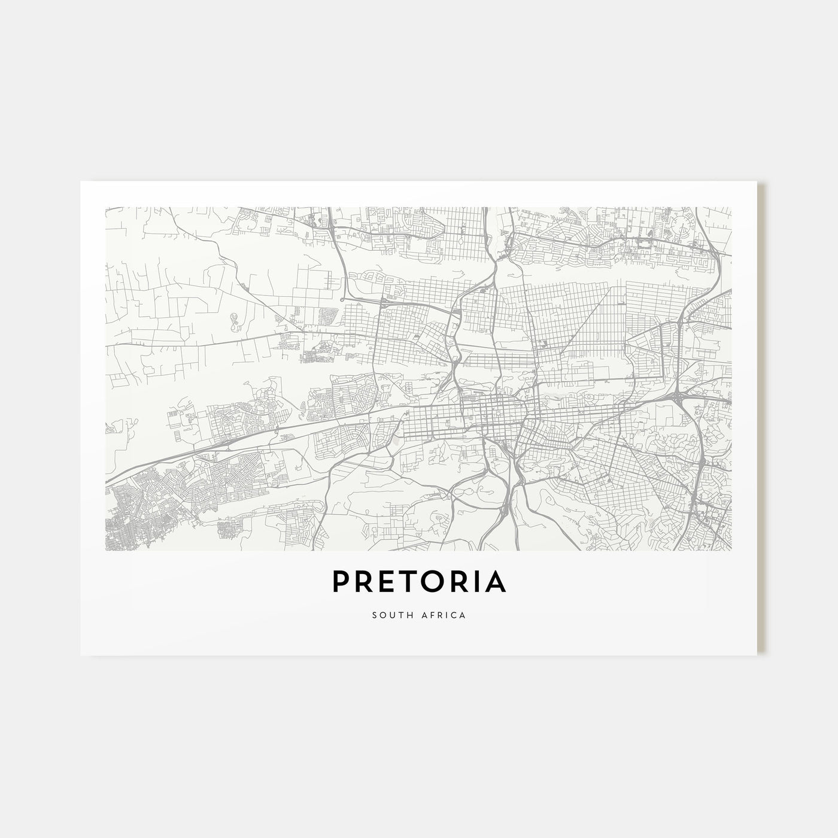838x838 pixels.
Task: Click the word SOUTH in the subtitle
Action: pyautogui.click(x=390, y=615)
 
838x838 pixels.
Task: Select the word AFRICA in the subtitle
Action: pyautogui.click(x=444, y=615)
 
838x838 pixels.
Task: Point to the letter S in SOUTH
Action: pyautogui.click(x=375, y=615)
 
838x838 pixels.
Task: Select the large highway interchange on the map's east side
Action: pyautogui.click(x=678, y=397)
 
